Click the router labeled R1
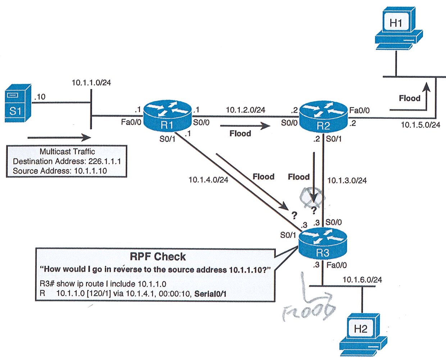(167, 116)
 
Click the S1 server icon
(18, 103)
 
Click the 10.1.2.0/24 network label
(245, 110)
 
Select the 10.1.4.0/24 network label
(208, 180)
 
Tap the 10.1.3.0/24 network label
(347, 180)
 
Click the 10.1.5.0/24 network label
(420, 125)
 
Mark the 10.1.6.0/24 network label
(362, 280)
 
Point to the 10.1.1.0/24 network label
(91, 82)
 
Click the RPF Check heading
(158, 257)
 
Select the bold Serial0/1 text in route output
(210, 294)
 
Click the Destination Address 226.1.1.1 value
(105, 161)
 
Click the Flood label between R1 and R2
(240, 134)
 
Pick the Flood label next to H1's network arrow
(409, 98)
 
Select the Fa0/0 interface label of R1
(131, 122)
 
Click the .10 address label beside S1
(40, 97)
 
